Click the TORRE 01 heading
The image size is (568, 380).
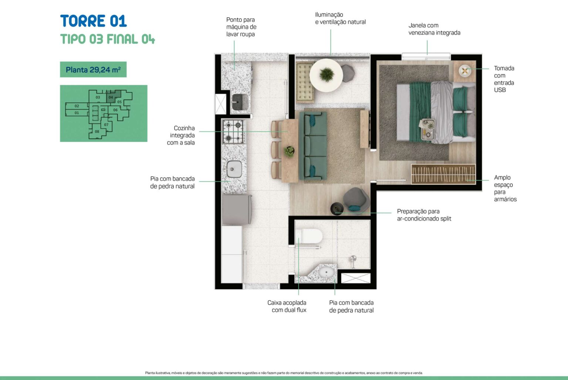pos(93,21)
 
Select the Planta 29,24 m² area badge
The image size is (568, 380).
pos(93,70)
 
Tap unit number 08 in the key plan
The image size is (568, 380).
pos(97,131)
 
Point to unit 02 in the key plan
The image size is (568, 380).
pos(77,106)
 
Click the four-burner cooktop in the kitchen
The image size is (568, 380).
pos(233,131)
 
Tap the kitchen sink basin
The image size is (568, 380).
pos(234,169)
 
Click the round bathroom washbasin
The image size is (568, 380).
pos(326,272)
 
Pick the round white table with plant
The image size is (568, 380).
pos(326,75)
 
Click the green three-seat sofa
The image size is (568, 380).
pos(313,146)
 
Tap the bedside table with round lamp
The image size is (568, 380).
pos(464,71)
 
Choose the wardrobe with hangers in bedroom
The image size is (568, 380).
pos(443,174)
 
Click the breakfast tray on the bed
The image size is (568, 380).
pos(427,129)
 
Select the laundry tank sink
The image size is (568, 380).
pos(240,102)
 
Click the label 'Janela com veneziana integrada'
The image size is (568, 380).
pos(434,29)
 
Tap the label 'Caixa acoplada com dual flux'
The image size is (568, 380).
pos(287,306)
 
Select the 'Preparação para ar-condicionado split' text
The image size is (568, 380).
pos(424,215)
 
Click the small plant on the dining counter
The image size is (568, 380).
pos(289,151)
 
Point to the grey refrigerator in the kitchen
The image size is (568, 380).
pos(236,209)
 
